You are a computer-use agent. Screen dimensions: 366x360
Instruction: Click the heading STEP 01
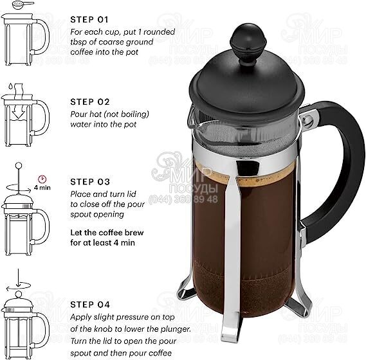point(89,19)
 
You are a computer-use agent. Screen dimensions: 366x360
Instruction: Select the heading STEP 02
point(90,102)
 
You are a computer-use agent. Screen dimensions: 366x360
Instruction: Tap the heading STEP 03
point(90,182)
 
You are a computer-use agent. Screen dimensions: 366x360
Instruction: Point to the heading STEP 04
point(90,305)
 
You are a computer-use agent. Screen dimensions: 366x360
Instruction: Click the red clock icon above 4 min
point(42,179)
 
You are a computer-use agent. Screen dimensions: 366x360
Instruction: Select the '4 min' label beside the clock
point(42,188)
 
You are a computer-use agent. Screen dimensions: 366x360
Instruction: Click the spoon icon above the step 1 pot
point(23,4)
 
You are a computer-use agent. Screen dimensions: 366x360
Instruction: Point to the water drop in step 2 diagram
point(10,86)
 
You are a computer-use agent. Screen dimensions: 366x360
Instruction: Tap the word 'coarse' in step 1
point(112,42)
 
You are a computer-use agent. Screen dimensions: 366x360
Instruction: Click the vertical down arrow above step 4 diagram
point(18,278)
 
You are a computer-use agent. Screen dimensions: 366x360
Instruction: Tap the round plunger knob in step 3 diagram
point(19,166)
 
